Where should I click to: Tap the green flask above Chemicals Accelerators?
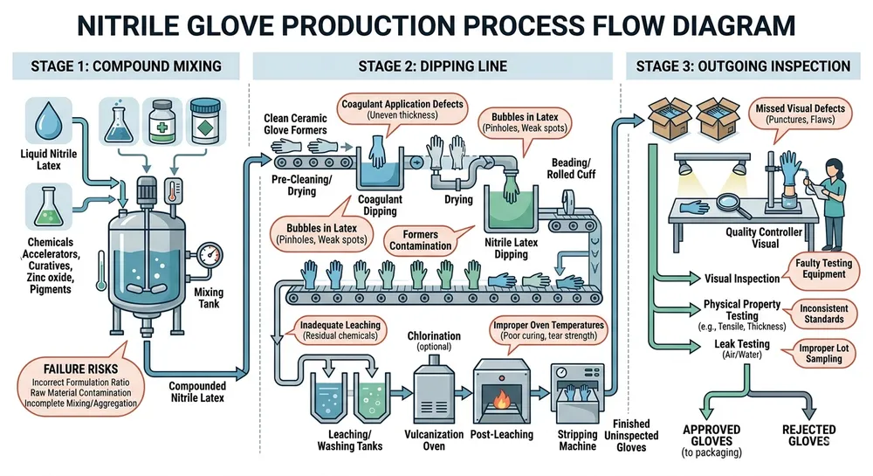pyautogui.click(x=40, y=208)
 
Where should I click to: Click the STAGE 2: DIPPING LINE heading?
pyautogui.click(x=435, y=66)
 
